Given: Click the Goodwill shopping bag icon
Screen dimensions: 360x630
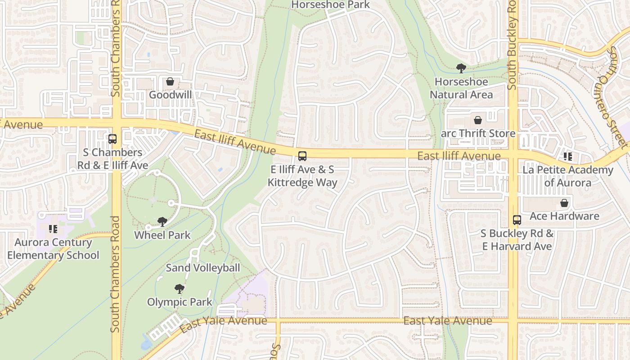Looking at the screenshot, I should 170,81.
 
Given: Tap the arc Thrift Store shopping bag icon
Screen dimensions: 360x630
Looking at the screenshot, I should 477,120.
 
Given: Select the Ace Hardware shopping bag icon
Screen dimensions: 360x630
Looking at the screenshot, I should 564,203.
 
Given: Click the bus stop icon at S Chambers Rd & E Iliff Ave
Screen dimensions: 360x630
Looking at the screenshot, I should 112,139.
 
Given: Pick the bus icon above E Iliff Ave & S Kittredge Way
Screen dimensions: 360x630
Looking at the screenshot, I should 302,156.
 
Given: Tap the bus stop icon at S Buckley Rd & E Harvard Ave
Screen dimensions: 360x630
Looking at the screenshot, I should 517,220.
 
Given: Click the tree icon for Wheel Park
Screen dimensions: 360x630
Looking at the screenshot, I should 162,221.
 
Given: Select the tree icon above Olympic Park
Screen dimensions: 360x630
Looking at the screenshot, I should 179,288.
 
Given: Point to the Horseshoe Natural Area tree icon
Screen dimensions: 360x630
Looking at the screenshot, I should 461,68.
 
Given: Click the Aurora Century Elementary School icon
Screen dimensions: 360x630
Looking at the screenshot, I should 53,229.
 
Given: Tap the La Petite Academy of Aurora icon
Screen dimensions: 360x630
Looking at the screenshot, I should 568,157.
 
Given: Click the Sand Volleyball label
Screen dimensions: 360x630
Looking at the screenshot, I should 202,268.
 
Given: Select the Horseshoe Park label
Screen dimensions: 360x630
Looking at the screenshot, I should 330,5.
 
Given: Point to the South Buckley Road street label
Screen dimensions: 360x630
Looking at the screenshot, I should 512,45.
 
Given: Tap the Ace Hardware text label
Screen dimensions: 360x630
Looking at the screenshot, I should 564,216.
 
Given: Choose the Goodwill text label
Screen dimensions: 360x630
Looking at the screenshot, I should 170,94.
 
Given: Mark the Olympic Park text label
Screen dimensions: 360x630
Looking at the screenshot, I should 179,301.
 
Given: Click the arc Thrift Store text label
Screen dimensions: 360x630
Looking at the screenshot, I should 478,133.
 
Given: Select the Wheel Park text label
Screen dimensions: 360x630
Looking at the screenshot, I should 162,235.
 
